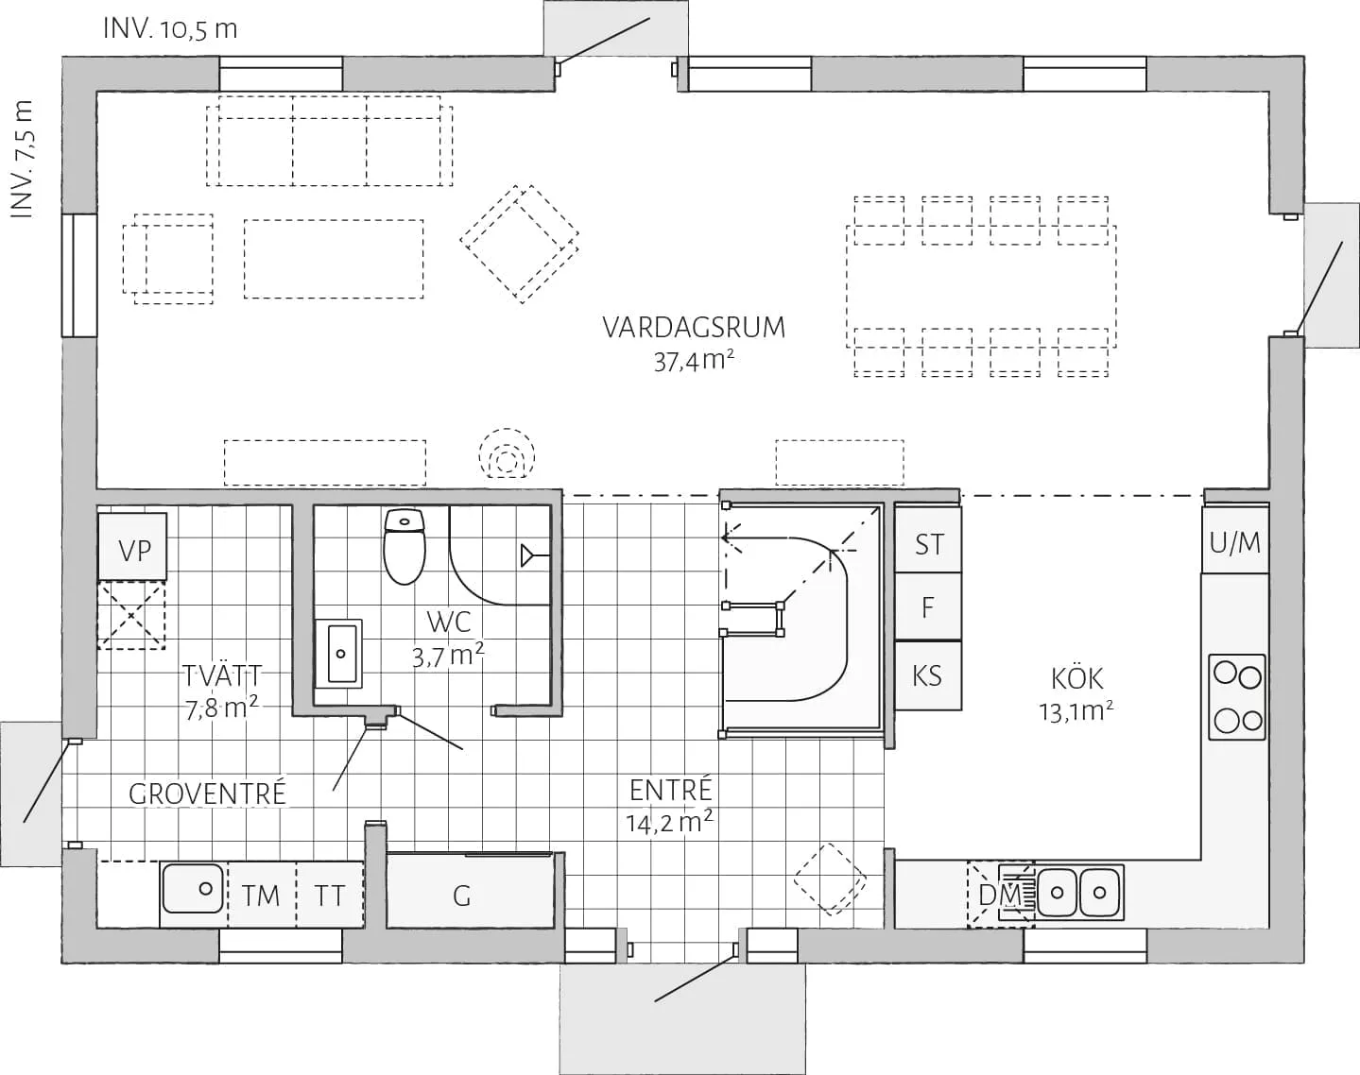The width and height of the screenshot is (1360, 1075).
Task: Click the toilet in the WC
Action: pos(405,546)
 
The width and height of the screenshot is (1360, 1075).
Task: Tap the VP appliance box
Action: pos(132,547)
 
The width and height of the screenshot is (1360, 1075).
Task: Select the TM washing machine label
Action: pos(260,896)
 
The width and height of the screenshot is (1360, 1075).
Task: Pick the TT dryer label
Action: pos(329,896)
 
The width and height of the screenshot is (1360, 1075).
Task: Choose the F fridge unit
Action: pos(928,607)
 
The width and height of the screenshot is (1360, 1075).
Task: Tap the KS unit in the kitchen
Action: pos(928,675)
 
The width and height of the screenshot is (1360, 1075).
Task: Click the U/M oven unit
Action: pos(1235,540)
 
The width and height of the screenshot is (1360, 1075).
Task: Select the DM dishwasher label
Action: pos(1000,895)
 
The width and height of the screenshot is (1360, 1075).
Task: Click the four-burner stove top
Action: pos(1237,696)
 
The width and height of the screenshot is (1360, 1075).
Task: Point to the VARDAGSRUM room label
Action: pos(694,327)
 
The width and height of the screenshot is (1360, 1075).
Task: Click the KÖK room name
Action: pos(1076,678)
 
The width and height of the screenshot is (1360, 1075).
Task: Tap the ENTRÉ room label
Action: pos(670,790)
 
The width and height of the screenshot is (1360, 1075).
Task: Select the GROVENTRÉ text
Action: pos(207,793)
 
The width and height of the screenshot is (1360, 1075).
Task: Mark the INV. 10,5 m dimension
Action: pos(170,29)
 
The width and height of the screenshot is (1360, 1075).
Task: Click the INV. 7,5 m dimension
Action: pos(22,159)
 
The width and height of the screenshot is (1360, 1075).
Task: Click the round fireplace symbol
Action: pos(507,454)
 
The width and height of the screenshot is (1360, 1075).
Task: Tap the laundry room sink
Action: pos(193,888)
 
